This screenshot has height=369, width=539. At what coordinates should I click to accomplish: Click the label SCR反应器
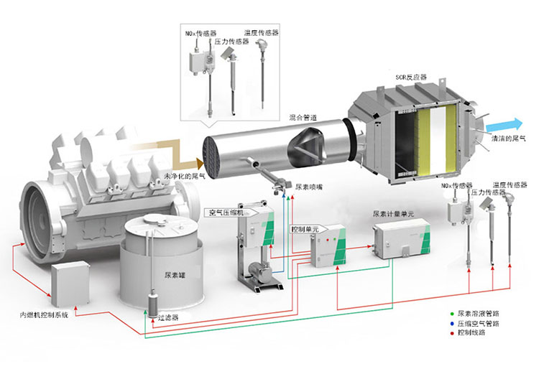(x=411, y=77)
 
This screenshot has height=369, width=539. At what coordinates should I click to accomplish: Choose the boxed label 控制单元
(x=305, y=228)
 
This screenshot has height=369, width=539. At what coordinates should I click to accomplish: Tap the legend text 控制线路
(x=472, y=334)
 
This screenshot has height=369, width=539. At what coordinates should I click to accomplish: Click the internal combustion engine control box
(x=70, y=281)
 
